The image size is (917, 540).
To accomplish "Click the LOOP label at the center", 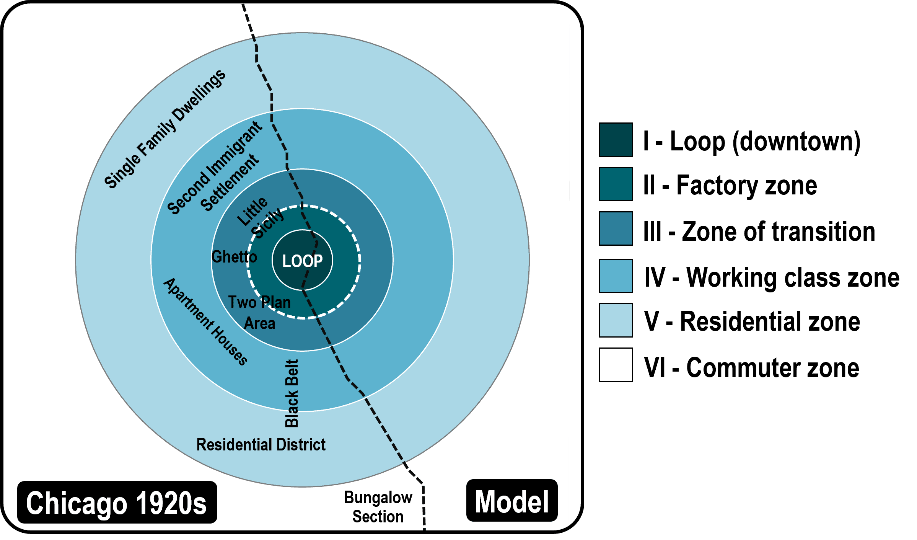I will tap(302, 261).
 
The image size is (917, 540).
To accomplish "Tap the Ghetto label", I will tap(234, 257).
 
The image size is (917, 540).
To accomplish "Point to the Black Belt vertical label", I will tap(292, 393).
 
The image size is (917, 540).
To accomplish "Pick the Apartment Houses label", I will tap(205, 321).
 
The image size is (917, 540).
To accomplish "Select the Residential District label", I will tap(261, 445).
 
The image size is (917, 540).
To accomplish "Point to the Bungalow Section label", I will tap(378, 507).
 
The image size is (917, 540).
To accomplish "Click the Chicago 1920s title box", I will tap(117, 502).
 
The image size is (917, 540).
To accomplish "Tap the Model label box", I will tap(511, 501).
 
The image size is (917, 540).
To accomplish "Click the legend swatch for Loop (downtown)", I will tap(616, 140).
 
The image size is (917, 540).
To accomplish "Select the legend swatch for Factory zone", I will tap(616, 184).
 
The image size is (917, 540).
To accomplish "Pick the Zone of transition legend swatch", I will tap(616, 228).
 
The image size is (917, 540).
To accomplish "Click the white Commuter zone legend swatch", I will tap(616, 365).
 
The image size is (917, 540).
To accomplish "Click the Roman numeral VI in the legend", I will tap(655, 367).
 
